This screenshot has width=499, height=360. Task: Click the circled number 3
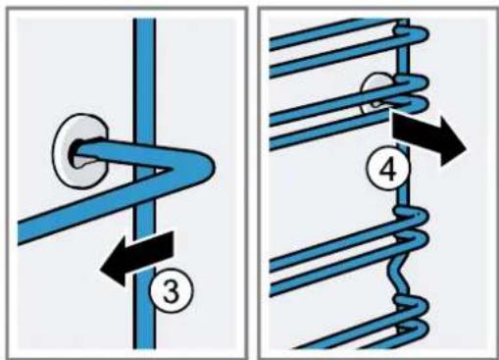pyautogui.click(x=172, y=290)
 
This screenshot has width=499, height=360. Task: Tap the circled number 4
pyautogui.click(x=388, y=171)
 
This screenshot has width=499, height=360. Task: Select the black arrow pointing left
pyautogui.click(x=137, y=256)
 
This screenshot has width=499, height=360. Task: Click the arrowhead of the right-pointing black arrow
pyautogui.click(x=452, y=141)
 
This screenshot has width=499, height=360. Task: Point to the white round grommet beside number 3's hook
pyautogui.click(x=79, y=151)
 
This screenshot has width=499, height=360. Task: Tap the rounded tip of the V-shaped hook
pyautogui.click(x=209, y=165)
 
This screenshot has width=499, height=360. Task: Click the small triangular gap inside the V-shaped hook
pyautogui.click(x=160, y=170)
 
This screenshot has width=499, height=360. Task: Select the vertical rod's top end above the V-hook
pyautogui.click(x=144, y=20)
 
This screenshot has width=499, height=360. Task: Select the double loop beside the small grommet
pyautogui.click(x=412, y=93)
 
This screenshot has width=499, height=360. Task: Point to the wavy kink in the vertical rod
pyautogui.click(x=399, y=273)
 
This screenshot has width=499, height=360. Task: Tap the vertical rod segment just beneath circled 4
pyautogui.click(x=403, y=198)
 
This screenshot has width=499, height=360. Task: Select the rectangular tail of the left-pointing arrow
pyautogui.click(x=148, y=251)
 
